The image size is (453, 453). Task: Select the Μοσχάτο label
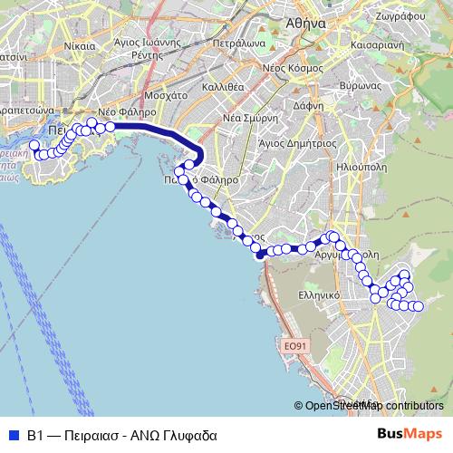coord(165,94)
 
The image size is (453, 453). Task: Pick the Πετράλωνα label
coord(241,42)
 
